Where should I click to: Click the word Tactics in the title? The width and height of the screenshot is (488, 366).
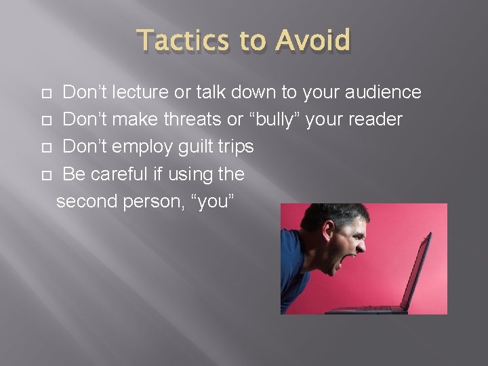182,41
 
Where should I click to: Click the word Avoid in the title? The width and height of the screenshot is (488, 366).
314,41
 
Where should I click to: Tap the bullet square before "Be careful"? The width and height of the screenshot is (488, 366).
45,176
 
